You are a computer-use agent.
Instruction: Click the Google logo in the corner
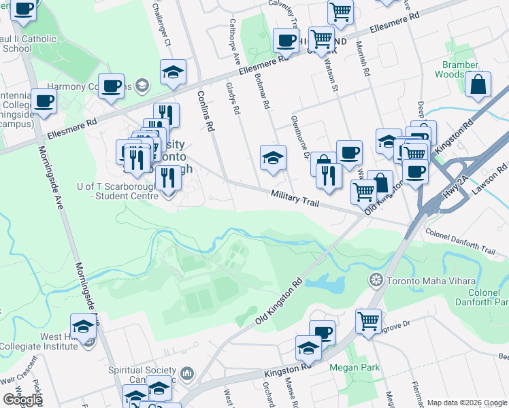(22, 399)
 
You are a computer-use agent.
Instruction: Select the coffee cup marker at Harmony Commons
(111, 86)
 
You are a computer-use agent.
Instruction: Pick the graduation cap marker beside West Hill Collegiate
(84, 326)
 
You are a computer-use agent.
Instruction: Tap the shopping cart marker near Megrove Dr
(368, 320)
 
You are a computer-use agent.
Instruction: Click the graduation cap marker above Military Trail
(272, 158)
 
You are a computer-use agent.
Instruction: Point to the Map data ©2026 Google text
(466, 403)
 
